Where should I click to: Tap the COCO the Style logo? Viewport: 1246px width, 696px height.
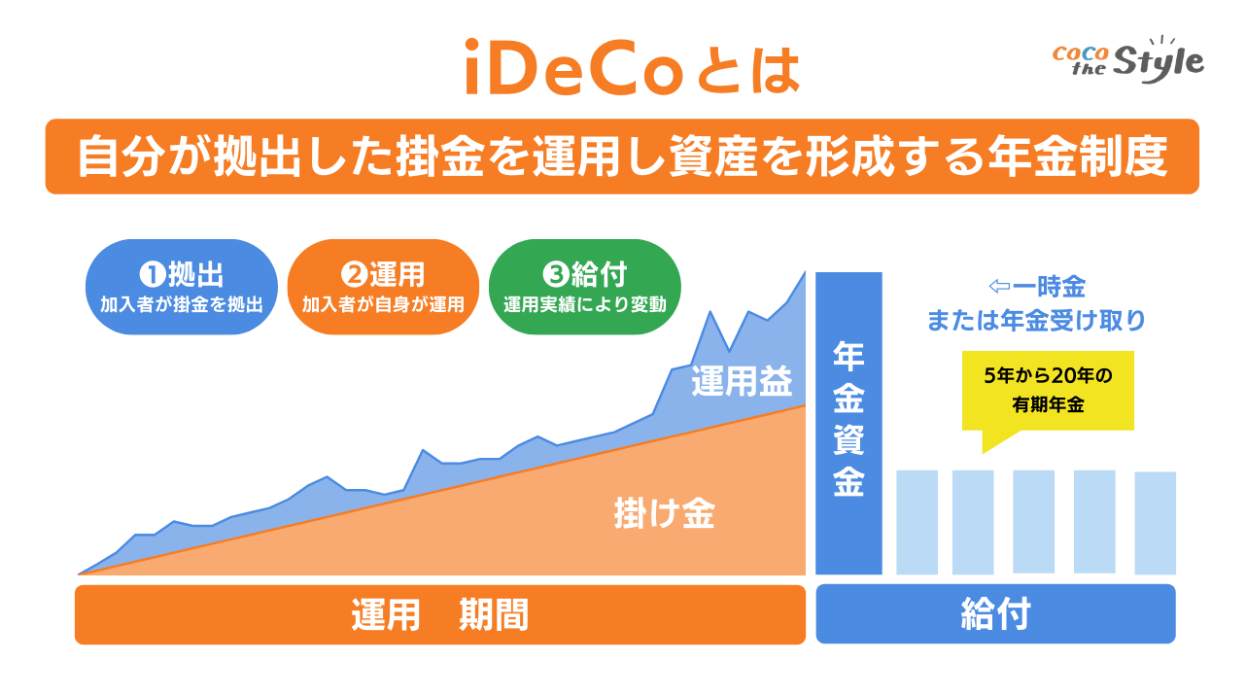pos(1127,61)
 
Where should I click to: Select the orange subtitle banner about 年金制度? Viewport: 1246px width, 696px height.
pos(622,157)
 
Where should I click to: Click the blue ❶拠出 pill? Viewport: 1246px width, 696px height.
pos(182,288)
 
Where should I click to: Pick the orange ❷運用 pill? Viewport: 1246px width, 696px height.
pos(383,288)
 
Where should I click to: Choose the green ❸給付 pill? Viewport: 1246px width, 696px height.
pos(584,288)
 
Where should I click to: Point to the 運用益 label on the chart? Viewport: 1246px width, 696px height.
pos(743,382)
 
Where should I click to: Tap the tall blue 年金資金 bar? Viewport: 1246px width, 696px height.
pos(848,423)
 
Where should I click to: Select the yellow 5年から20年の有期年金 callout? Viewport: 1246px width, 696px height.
pos(1048,391)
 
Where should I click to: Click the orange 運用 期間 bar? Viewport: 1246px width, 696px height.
pos(439,614)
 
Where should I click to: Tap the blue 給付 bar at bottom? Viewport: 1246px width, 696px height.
pos(995,614)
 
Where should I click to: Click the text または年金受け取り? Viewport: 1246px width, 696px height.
pos(1036,320)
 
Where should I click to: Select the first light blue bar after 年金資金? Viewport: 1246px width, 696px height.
pos(917,522)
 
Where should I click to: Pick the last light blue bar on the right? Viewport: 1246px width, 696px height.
pos(1155,522)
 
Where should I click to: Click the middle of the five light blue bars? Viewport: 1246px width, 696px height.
pos(1033,522)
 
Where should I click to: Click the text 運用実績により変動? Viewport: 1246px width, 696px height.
pos(584,304)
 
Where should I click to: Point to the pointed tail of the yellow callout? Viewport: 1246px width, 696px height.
pos(986,447)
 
